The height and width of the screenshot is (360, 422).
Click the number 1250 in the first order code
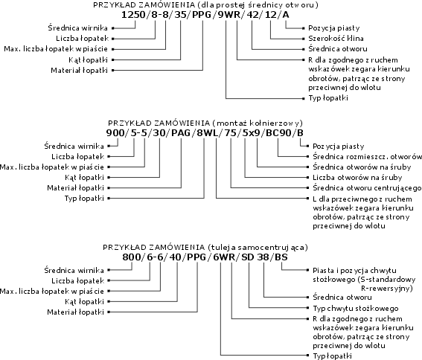133,15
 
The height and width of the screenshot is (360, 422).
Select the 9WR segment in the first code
228,15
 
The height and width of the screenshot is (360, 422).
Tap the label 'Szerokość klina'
336,39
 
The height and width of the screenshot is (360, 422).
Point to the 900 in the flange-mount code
115,133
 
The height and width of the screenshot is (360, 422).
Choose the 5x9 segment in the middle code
252,133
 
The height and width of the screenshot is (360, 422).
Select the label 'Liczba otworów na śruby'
357,178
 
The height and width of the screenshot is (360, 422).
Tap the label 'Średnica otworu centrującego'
367,188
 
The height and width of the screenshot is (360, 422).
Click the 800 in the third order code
131,257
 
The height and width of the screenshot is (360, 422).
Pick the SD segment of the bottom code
247,257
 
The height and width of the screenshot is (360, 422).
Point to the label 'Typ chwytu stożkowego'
356,309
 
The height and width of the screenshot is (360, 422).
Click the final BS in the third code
281,257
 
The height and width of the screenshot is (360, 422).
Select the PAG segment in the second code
181,133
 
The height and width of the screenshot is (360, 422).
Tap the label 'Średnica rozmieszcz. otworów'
367,157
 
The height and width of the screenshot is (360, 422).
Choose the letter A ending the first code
286,15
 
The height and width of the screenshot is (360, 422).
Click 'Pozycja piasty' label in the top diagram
334,28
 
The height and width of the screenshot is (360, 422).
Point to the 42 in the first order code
252,15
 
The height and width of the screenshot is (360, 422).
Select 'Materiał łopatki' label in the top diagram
79,71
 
